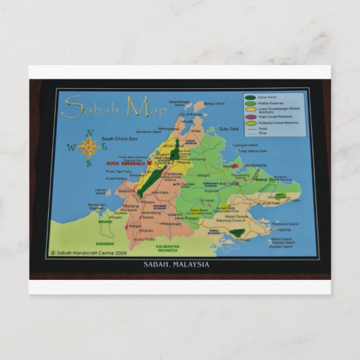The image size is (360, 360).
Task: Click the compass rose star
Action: click(x=88, y=147)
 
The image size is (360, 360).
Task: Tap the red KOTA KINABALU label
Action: click(x=126, y=164)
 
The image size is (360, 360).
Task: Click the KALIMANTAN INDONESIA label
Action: click(x=166, y=248)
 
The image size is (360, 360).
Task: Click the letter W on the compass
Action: click(x=71, y=147)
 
